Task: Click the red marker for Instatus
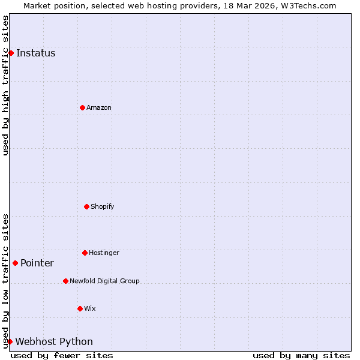point(11,53)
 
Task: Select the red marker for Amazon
point(82,107)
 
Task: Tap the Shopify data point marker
point(86,206)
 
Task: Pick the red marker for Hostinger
point(85,253)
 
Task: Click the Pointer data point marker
point(15,263)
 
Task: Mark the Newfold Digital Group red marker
point(65,281)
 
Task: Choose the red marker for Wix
point(80,308)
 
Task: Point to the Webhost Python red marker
point(10,341)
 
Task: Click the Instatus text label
point(35,53)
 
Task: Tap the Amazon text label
point(99,107)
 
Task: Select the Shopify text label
point(103,206)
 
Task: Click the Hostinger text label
point(104,253)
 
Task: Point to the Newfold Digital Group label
point(104,281)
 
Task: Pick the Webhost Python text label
point(54,341)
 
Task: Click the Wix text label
point(90,308)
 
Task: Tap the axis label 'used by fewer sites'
point(62,355)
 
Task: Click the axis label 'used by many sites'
point(301,355)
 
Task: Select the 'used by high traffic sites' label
point(6,85)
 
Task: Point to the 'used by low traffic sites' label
point(6,281)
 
